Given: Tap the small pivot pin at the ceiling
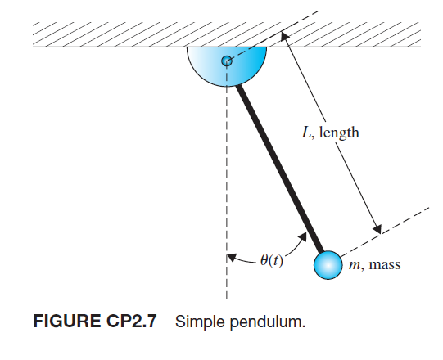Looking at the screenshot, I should [227, 60].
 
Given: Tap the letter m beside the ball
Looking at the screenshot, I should [354, 265].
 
